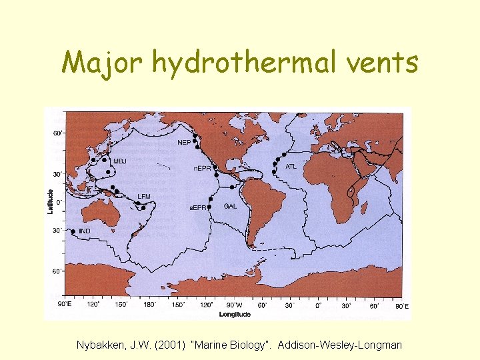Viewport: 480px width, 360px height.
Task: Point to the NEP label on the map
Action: click(184, 142)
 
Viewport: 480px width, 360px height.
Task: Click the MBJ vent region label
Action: click(120, 161)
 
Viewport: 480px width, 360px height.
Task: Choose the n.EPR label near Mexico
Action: click(203, 168)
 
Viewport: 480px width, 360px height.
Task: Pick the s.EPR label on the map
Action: click(198, 207)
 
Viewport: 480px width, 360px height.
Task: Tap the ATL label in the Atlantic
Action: click(291, 166)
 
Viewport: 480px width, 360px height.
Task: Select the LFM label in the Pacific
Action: click(144, 196)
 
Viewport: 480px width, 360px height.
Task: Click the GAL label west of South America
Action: click(230, 206)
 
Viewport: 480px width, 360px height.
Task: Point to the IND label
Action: click(85, 231)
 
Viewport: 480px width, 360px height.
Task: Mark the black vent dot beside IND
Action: click(73, 232)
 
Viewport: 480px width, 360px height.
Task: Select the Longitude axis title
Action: click(234, 313)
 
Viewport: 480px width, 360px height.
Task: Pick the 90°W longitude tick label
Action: click(234, 305)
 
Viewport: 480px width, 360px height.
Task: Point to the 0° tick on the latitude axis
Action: click(58, 201)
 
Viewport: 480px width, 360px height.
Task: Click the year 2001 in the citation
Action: click(169, 345)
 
